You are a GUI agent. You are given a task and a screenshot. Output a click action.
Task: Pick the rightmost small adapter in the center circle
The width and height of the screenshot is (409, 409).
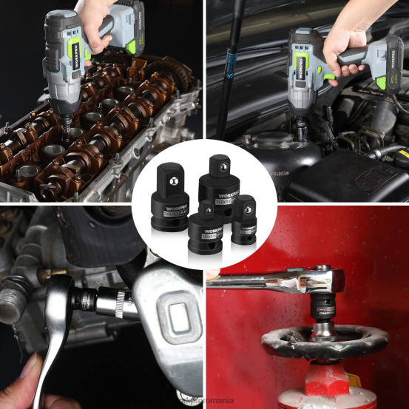click(243, 220)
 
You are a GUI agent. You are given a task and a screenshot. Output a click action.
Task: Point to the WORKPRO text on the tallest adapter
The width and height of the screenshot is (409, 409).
click(220, 190)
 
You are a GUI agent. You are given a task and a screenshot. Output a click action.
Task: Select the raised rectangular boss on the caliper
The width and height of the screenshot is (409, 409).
click(176, 318)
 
